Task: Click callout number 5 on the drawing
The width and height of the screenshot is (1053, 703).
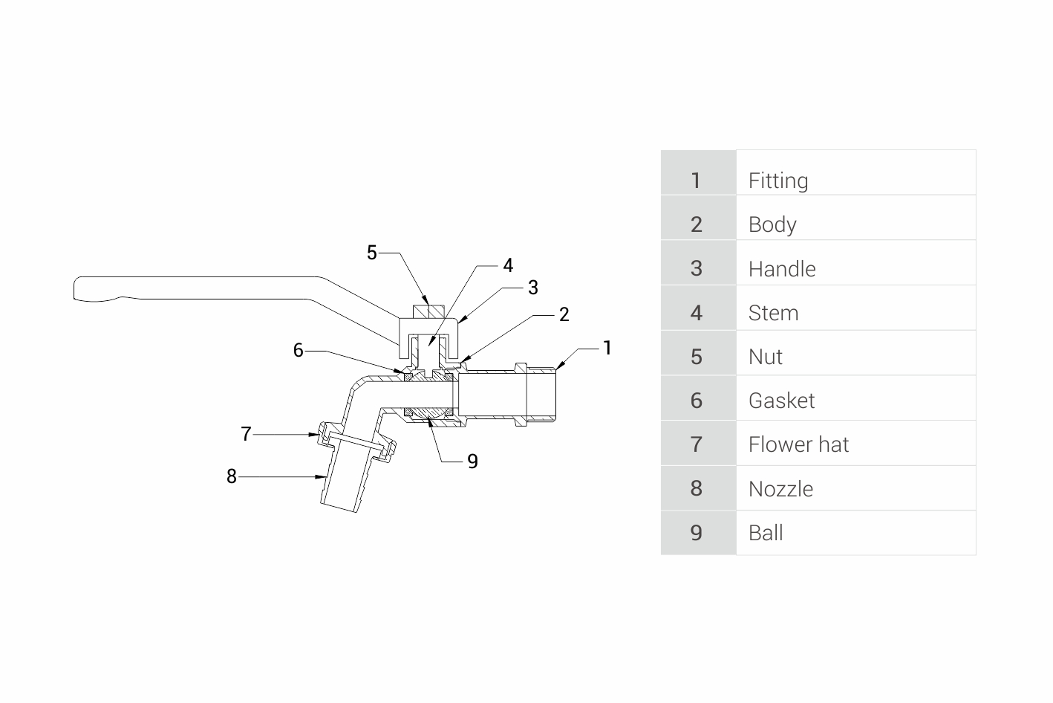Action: pyautogui.click(x=372, y=253)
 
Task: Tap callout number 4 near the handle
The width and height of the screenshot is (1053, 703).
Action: pyautogui.click(x=508, y=265)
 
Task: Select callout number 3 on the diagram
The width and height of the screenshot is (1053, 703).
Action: pyautogui.click(x=532, y=288)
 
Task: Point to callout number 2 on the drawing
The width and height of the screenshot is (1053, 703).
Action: pyautogui.click(x=564, y=314)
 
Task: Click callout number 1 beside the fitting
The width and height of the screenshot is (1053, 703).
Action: pyautogui.click(x=607, y=348)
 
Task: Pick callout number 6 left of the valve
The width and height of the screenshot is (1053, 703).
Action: pyautogui.click(x=299, y=350)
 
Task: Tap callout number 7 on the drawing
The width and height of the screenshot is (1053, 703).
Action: pyautogui.click(x=247, y=434)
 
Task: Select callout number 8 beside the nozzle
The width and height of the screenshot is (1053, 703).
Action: pyautogui.click(x=232, y=476)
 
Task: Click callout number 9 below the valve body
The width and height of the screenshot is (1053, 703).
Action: pyautogui.click(x=472, y=461)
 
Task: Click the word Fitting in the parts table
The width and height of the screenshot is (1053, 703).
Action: pyautogui.click(x=777, y=181)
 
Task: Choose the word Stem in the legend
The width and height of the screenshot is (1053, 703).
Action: pyautogui.click(x=773, y=313)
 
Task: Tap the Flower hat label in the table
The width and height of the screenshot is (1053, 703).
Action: pyautogui.click(x=798, y=444)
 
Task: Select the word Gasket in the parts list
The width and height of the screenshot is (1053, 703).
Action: pyautogui.click(x=781, y=401)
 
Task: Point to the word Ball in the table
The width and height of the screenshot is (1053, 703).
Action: pyautogui.click(x=766, y=533)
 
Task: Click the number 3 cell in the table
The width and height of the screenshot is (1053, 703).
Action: pyautogui.click(x=697, y=268)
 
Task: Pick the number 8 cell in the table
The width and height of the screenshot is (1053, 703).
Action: pyautogui.click(x=697, y=488)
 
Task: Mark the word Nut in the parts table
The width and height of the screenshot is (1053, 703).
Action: pyautogui.click(x=765, y=357)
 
